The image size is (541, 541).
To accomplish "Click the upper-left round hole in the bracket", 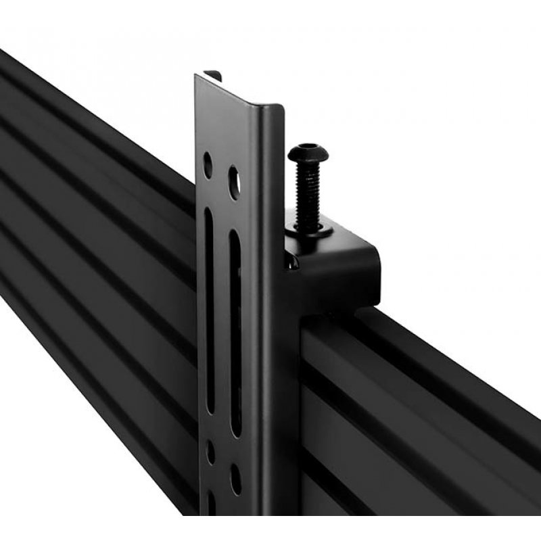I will pyautogui.click(x=208, y=164).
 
